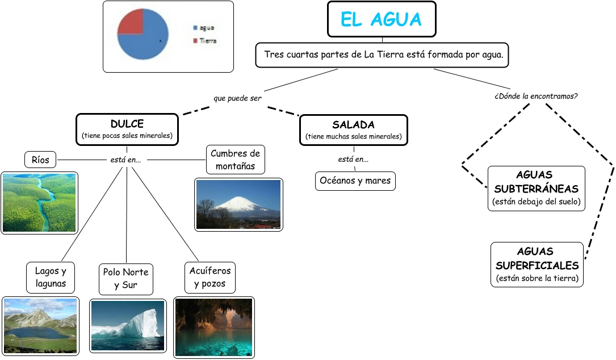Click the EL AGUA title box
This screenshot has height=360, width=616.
(382, 19)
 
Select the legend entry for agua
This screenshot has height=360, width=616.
(204, 27)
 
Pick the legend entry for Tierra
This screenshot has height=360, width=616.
(205, 41)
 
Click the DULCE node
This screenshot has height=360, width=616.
(127, 129)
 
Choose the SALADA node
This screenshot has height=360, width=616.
(353, 130)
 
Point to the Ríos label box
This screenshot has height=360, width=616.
(40, 160)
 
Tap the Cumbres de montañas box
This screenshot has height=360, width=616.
(236, 160)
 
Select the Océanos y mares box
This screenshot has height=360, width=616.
(355, 181)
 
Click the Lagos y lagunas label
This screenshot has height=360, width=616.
(51, 277)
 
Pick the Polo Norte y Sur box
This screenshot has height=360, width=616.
(125, 278)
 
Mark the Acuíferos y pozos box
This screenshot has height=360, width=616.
(209, 277)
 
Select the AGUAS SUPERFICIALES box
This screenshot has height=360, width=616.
(537, 264)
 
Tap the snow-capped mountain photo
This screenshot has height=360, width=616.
(238, 204)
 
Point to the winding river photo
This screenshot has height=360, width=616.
(39, 203)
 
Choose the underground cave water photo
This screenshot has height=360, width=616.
(213, 327)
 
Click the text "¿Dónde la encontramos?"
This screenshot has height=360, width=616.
(536, 96)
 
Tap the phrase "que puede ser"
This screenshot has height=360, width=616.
(237, 98)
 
